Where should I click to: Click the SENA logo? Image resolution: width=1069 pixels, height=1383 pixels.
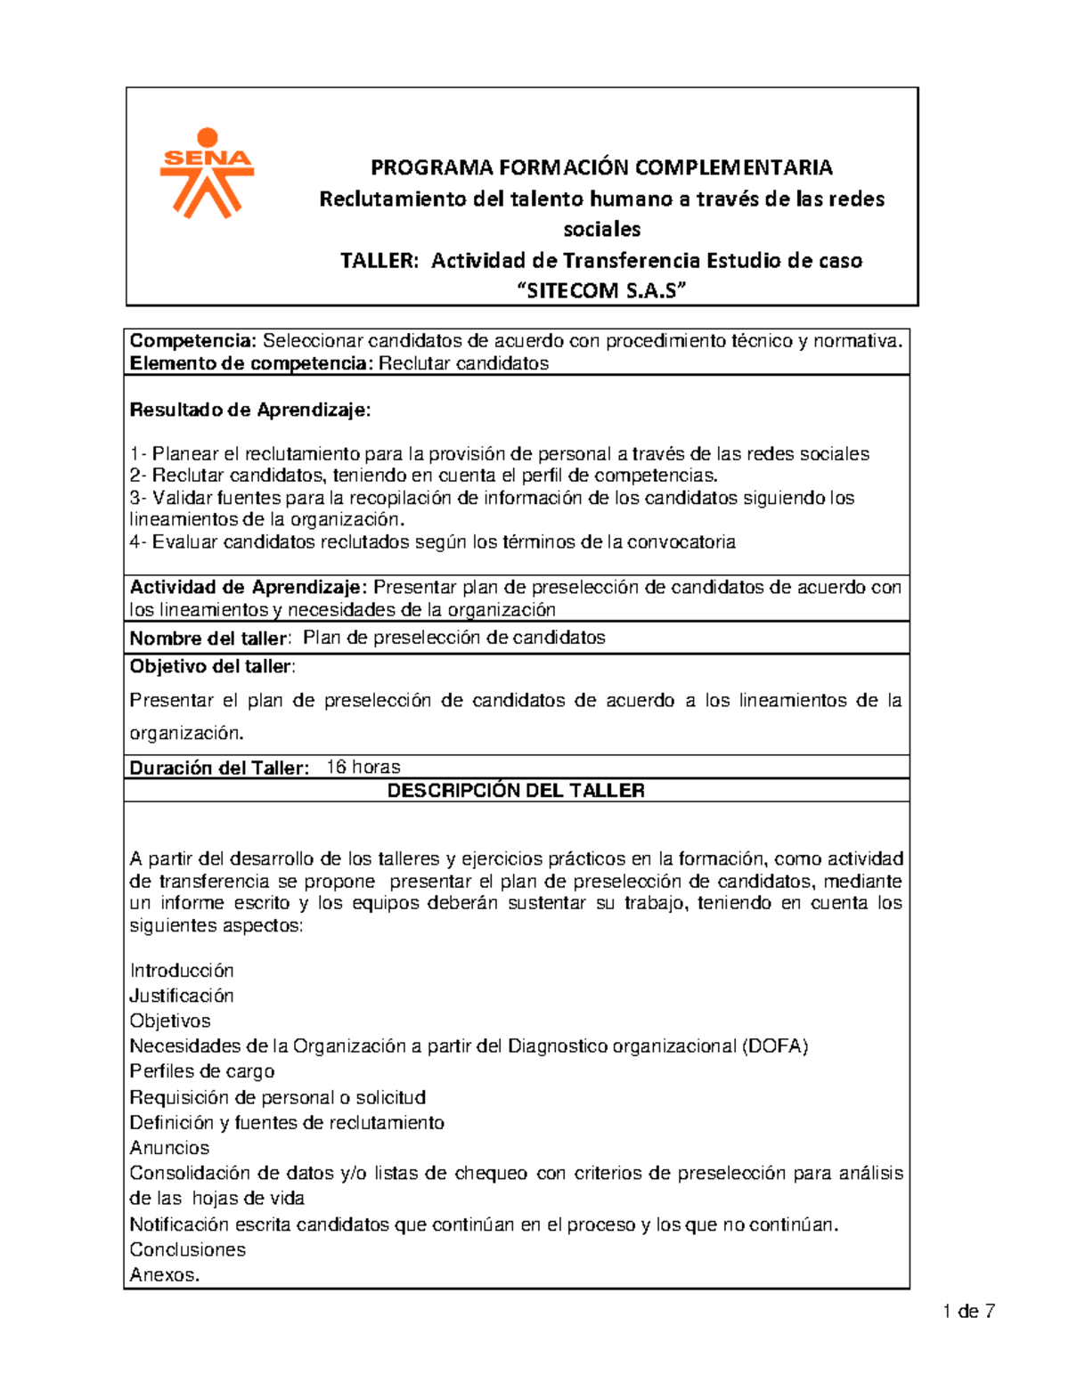pyautogui.click(x=207, y=173)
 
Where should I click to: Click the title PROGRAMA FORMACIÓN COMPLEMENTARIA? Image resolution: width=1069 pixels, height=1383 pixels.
pyautogui.click(x=601, y=167)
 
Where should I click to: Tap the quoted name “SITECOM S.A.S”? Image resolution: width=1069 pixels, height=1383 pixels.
pyautogui.click(x=601, y=291)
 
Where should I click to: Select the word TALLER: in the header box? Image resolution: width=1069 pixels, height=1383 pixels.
pyautogui.click(x=379, y=261)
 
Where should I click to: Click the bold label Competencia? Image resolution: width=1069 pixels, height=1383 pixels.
pyautogui.click(x=193, y=341)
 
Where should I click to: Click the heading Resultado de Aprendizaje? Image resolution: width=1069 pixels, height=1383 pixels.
pyautogui.click(x=250, y=411)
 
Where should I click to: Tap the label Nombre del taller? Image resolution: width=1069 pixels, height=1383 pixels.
pyautogui.click(x=208, y=639)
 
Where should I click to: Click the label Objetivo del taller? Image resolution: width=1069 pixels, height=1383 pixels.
pyautogui.click(x=211, y=667)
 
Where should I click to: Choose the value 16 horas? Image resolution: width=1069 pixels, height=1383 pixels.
pyautogui.click(x=363, y=768)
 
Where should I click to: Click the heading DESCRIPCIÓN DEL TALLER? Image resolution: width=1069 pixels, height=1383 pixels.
pyautogui.click(x=516, y=791)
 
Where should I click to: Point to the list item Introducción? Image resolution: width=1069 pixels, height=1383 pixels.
pyautogui.click(x=182, y=971)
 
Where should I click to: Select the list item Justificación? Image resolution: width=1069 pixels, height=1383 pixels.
pyautogui.click(x=182, y=996)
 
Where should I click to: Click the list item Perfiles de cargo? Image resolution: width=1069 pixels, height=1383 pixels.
pyautogui.click(x=202, y=1071)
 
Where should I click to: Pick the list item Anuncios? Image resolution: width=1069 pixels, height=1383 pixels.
pyautogui.click(x=169, y=1148)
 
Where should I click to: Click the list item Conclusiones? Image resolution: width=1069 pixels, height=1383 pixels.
pyautogui.click(x=187, y=1249)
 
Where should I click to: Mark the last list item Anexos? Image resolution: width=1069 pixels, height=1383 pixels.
pyautogui.click(x=165, y=1275)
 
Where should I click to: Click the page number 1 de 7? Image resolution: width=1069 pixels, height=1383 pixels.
pyautogui.click(x=968, y=1312)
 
